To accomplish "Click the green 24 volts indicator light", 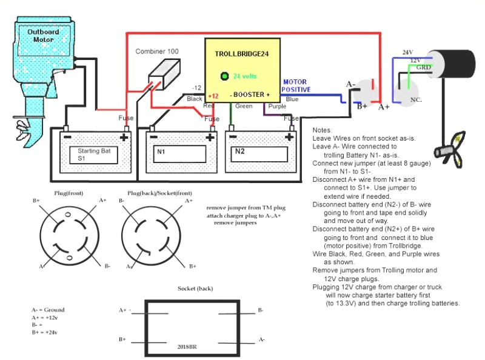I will click(224, 76).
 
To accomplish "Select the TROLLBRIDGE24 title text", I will click(241, 54).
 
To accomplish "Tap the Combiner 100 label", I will click(157, 52).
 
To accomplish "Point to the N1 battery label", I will click(161, 151).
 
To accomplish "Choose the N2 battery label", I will click(240, 151).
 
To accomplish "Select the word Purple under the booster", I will click(277, 106).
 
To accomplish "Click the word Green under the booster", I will click(244, 106).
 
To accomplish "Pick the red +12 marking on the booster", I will click(213, 96).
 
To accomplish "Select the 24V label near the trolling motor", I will click(407, 53).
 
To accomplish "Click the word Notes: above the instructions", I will click(323, 130).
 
